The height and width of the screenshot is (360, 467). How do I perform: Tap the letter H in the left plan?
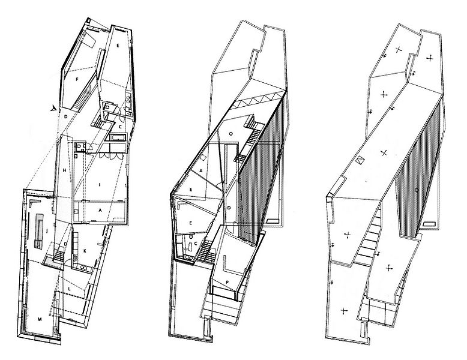[x=64, y=172]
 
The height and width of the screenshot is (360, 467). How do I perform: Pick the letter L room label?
[x=70, y=289]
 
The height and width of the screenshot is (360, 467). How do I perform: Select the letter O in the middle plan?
[x=230, y=133]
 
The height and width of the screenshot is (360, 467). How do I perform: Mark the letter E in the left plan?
[x=118, y=46]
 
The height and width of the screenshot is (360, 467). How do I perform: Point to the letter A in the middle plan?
[x=200, y=169]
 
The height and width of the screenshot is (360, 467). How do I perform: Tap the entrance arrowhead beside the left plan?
[x=55, y=108]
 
